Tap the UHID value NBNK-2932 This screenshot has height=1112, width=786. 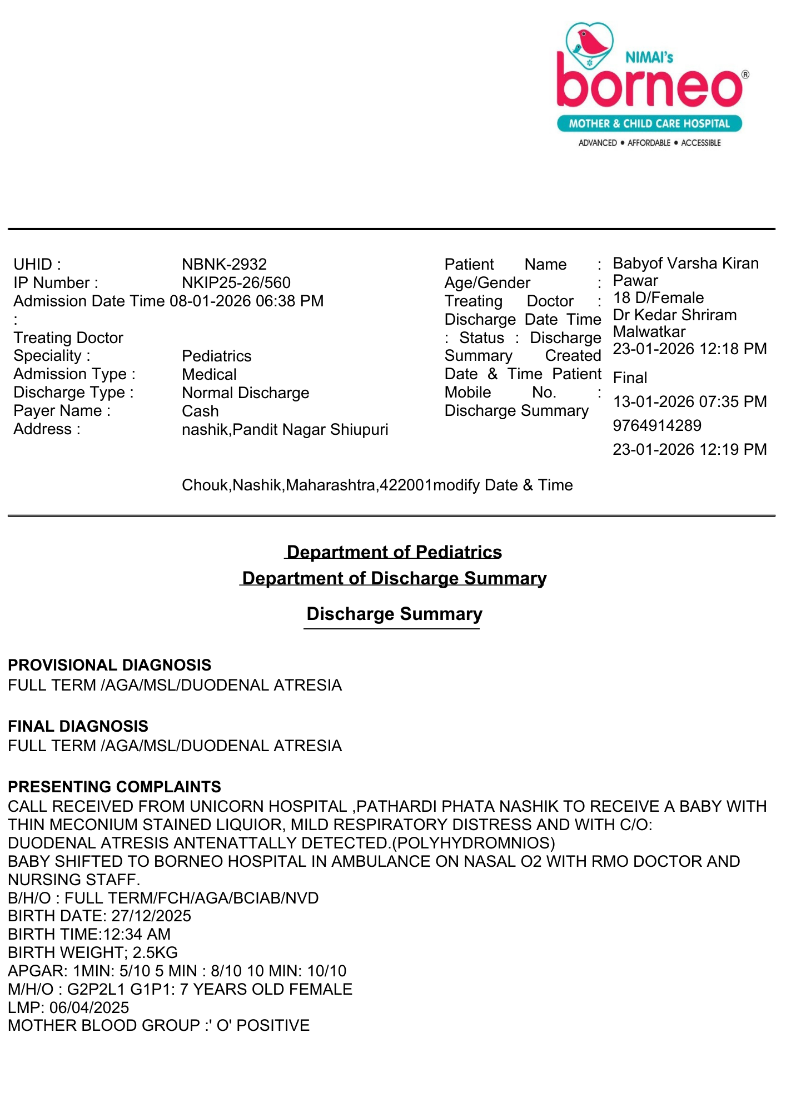click(224, 264)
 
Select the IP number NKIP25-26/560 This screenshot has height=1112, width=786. click(236, 282)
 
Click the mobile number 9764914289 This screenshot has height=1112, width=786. click(657, 425)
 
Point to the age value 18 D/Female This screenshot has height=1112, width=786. click(658, 297)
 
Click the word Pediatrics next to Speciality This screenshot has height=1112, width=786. click(217, 356)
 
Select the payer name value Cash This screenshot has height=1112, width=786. click(200, 411)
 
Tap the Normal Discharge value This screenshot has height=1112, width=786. click(245, 393)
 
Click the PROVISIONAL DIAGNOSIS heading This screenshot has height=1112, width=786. click(110, 665)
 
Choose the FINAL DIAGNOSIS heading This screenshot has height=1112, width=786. click(78, 726)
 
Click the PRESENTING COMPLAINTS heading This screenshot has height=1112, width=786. click(115, 787)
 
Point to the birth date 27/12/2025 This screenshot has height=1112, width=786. click(151, 916)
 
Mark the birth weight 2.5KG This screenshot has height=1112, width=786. click(155, 952)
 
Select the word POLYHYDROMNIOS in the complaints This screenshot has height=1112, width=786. click(473, 843)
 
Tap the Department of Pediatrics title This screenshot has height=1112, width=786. click(394, 552)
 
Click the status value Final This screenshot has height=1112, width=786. click(630, 378)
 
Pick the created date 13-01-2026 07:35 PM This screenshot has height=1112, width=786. click(689, 401)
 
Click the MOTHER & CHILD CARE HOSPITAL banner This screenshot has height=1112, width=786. click(649, 123)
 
